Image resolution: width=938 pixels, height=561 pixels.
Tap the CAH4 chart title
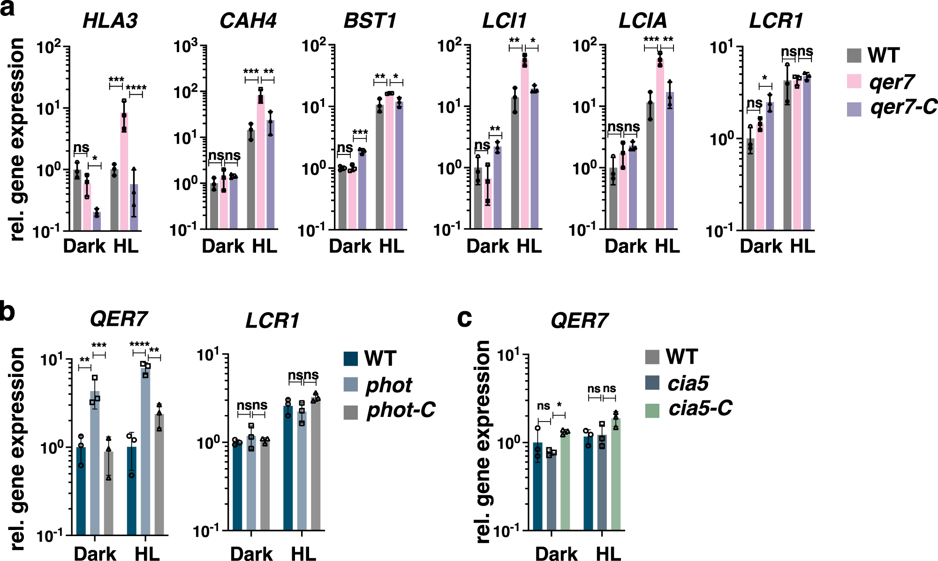tap(248, 21)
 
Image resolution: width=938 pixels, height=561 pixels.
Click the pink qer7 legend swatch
tap(854, 81)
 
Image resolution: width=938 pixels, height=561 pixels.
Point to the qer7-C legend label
tap(903, 108)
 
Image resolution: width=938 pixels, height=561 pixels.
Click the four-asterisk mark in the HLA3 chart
tap(136, 88)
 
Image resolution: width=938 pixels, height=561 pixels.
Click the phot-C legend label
tap(401, 410)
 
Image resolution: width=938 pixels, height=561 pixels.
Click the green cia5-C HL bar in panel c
tap(615, 474)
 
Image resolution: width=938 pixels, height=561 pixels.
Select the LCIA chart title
tap(642, 21)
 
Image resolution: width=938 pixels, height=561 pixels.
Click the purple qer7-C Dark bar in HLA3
tap(97, 221)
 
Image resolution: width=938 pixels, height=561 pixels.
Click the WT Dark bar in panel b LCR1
tap(237, 486)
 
